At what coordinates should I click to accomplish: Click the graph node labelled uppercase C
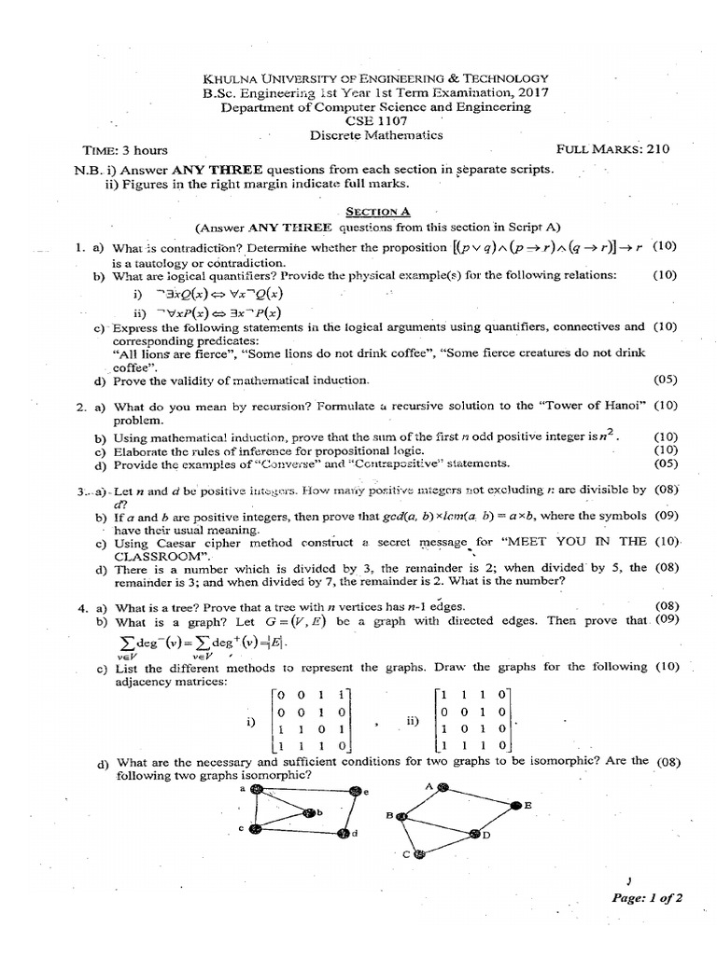pyautogui.click(x=419, y=852)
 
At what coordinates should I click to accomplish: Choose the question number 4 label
pyautogui.click(x=81, y=607)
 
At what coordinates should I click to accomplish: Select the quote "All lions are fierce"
pyautogui.click(x=175, y=354)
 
